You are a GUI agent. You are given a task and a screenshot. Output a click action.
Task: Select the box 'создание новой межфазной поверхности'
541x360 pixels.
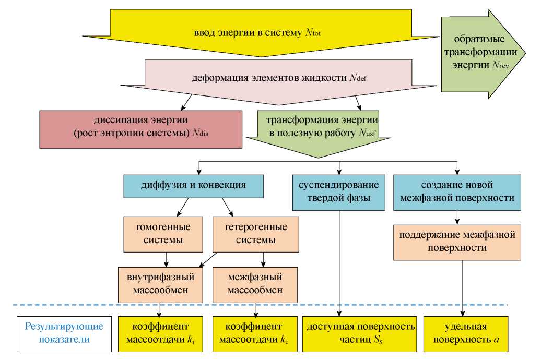click(x=456, y=191)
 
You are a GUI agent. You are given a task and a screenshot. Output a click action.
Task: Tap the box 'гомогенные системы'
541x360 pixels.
click(x=163, y=234)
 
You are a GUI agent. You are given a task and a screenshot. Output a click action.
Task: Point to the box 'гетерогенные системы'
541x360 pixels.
click(x=256, y=234)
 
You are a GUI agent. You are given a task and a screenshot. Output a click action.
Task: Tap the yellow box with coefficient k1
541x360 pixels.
click(x=160, y=334)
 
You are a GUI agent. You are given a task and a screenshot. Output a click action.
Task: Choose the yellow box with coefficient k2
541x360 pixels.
click(x=255, y=334)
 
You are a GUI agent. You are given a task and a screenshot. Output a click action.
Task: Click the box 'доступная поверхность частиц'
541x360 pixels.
click(x=361, y=334)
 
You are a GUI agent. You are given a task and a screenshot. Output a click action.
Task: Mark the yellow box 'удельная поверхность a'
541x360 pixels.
click(x=465, y=334)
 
